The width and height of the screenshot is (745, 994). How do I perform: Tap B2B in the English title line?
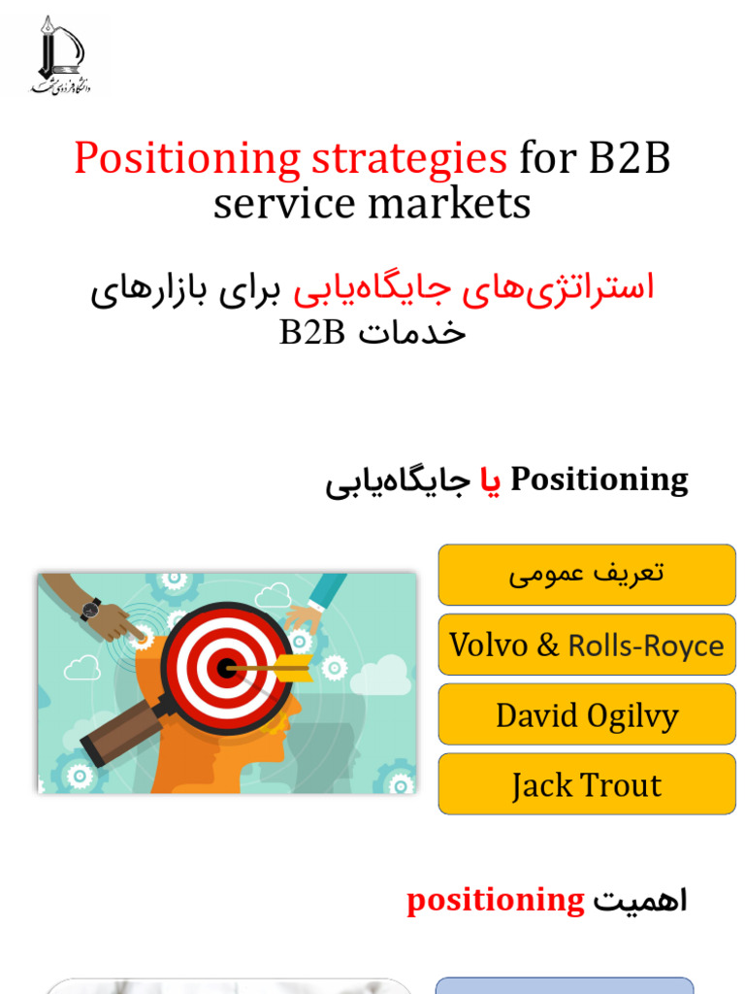tap(629, 158)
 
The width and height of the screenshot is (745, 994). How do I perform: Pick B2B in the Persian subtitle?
tap(311, 332)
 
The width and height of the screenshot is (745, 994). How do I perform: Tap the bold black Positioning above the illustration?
tap(599, 480)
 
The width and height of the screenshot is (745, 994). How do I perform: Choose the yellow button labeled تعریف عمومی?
tap(586, 575)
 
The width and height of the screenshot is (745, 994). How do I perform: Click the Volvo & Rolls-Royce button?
tap(586, 645)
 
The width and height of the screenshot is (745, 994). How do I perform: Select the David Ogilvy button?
tap(586, 715)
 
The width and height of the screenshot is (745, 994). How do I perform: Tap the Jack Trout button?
tap(586, 784)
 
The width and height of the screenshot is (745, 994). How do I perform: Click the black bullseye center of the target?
tap(226, 668)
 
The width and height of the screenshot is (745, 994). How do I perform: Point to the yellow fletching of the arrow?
tap(294, 667)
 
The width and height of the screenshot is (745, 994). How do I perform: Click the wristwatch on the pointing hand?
tap(90, 609)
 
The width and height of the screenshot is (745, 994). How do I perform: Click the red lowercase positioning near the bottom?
tap(496, 901)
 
